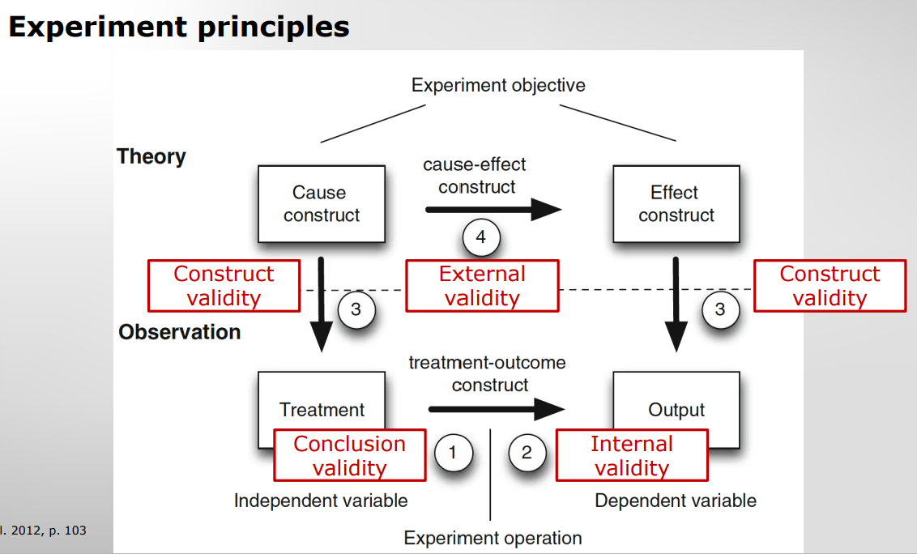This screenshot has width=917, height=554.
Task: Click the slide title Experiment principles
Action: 178,27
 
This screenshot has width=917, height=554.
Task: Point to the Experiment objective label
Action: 498,85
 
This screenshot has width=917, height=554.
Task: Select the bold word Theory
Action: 151,156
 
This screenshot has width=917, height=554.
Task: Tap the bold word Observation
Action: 179,332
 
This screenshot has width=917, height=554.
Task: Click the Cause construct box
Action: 322,203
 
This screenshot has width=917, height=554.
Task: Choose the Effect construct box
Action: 676,203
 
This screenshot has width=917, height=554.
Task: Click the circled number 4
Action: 481,237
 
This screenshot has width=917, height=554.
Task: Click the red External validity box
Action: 482,286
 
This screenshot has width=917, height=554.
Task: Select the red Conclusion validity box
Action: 350,456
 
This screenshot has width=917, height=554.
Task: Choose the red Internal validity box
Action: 631,456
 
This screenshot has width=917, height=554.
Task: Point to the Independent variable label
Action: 321,501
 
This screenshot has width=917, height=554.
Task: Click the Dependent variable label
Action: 676,501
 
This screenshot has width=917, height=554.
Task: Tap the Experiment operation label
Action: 493,538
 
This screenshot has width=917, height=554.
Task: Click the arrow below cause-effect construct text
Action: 493,210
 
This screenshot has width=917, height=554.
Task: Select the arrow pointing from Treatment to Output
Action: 496,408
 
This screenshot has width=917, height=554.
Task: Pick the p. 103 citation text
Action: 45,531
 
